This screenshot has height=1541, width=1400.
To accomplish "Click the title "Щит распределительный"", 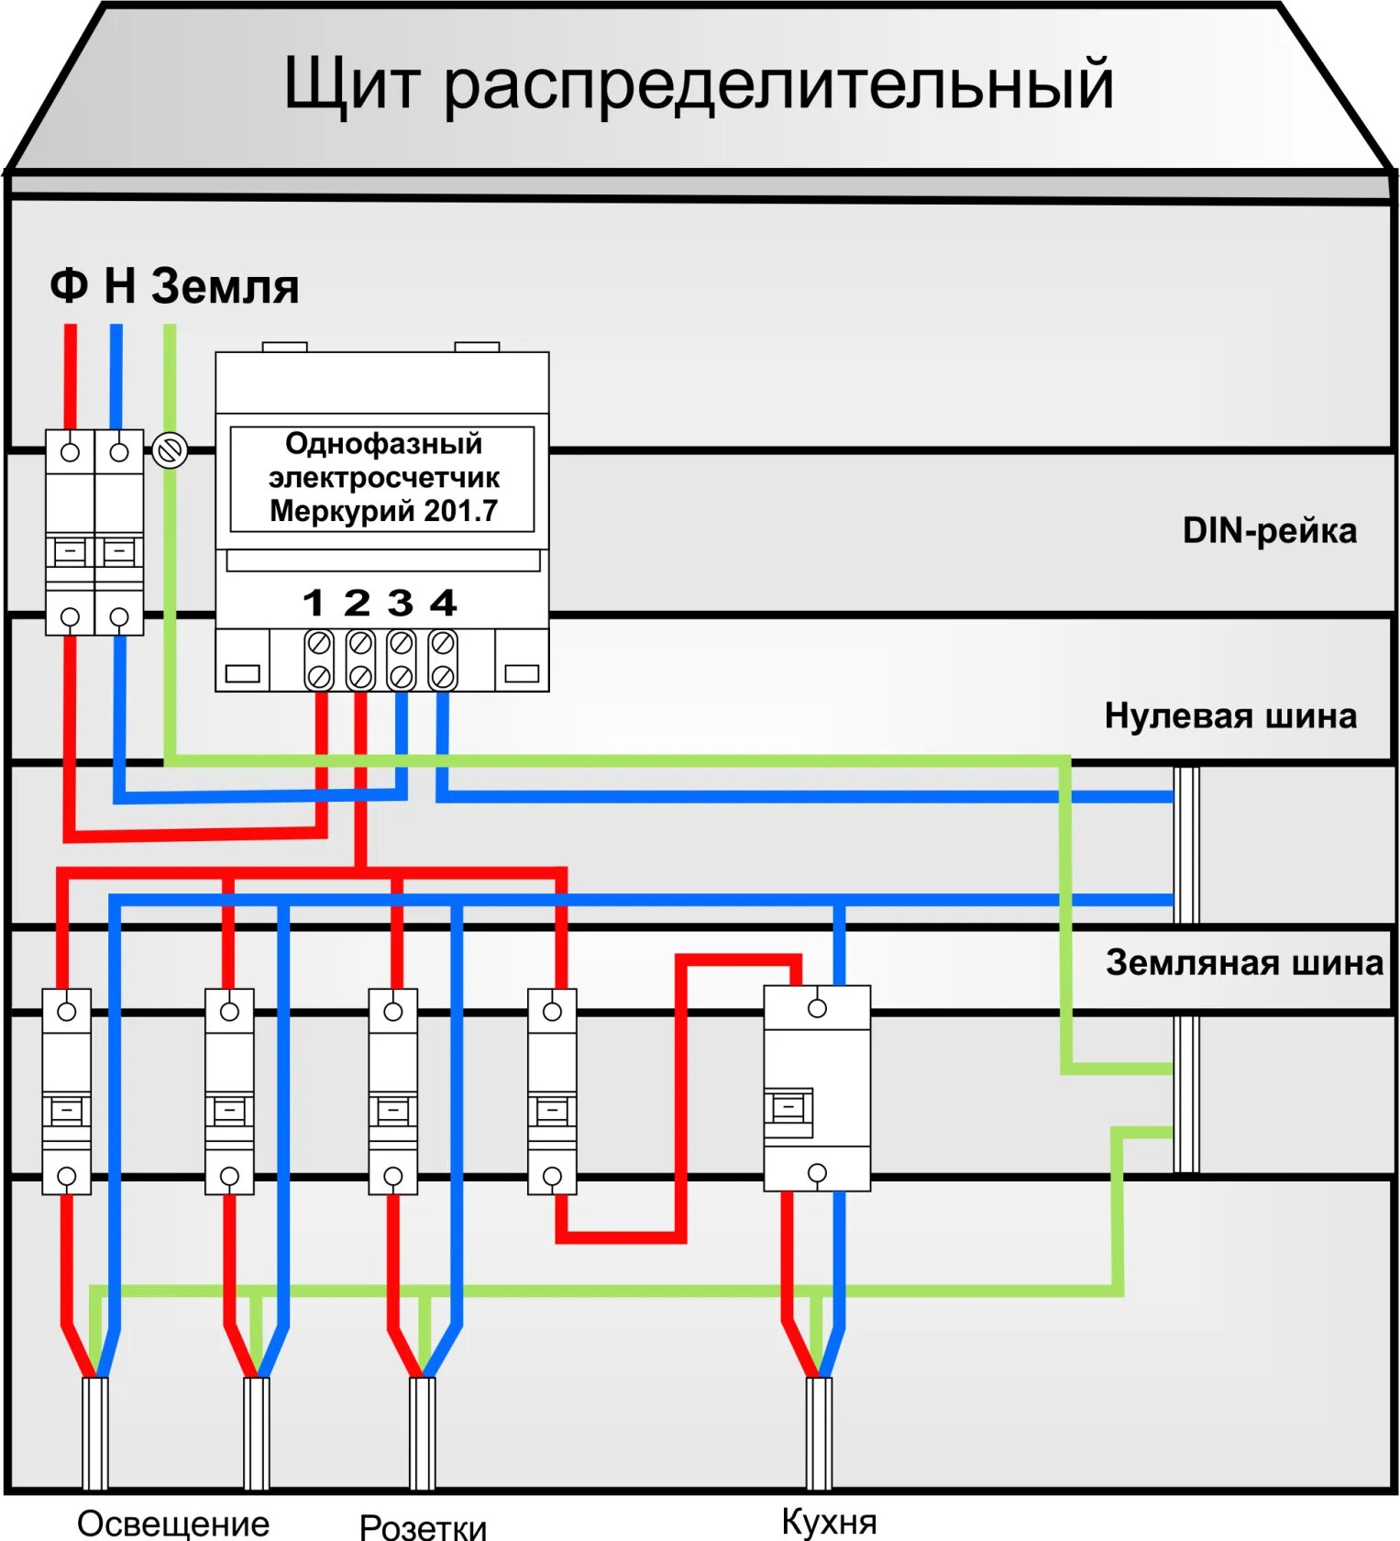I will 699,84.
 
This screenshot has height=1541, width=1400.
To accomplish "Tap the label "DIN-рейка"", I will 1269,531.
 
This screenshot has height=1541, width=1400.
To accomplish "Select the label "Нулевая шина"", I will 1230,715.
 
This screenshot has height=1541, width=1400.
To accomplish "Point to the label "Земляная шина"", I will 1244,963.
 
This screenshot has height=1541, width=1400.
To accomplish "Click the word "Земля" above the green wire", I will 225,286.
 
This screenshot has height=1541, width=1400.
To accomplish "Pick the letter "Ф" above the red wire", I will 69,286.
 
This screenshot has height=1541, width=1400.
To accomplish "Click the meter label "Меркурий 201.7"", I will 383,511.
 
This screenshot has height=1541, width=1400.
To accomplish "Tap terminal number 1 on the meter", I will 314,604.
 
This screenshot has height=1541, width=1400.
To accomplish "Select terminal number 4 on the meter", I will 444,604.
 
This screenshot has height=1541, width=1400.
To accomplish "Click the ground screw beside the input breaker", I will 170,450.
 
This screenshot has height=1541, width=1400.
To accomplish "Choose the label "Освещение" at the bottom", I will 173,1523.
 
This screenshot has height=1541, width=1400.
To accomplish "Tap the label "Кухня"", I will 829,1521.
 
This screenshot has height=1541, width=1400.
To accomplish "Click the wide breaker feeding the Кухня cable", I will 817,1089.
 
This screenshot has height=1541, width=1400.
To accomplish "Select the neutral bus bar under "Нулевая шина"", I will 1186,844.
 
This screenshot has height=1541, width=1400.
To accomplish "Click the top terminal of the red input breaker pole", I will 70,452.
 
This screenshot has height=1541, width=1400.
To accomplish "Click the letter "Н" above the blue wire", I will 120,286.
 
